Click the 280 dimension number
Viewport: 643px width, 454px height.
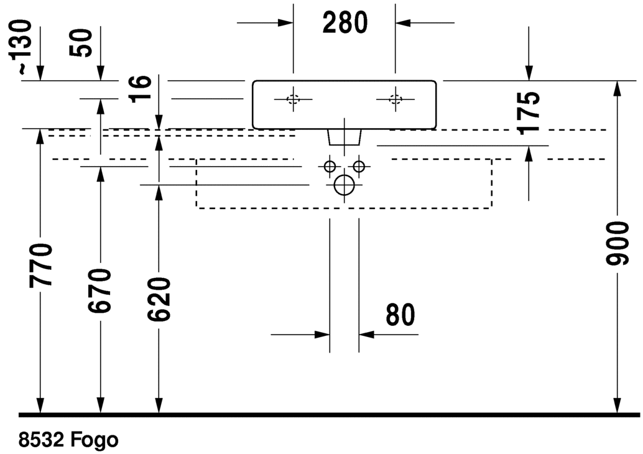click(345, 23)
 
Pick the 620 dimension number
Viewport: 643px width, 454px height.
click(159, 300)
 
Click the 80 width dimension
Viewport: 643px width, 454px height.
click(400, 315)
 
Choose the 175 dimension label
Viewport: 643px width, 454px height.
click(529, 113)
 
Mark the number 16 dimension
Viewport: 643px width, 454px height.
click(142, 89)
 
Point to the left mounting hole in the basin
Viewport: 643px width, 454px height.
click(294, 99)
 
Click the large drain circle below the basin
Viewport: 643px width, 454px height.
click(344, 185)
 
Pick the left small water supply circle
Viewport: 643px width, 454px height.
click(330, 166)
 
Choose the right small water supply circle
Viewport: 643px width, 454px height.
click(359, 166)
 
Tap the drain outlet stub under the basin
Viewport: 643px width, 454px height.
click(344, 137)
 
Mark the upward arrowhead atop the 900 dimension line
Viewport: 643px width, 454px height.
click(617, 88)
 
